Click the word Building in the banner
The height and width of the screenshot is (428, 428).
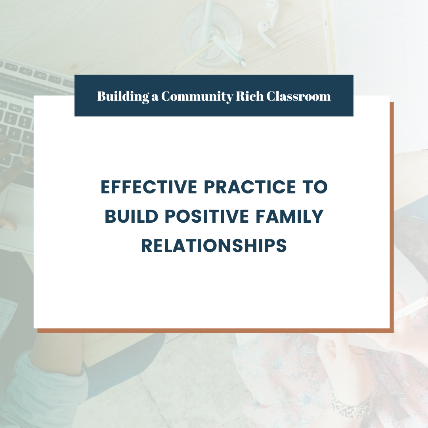pos(123,96)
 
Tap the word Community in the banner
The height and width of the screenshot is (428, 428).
pos(197,96)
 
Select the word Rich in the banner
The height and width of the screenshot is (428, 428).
pos(250,96)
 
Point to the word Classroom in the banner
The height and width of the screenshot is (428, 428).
pos(299,96)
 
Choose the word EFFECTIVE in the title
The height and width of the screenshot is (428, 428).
pos(149,187)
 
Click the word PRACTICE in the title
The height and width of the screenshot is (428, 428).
pos(250,187)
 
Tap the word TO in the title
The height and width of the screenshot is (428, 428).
pos(315,187)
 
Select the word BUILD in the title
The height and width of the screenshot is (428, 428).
pos(132,216)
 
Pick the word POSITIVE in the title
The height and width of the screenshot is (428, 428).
pos(207,216)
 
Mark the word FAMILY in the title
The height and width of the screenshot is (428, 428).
pos(290,216)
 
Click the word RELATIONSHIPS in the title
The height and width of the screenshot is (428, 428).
pos(214,245)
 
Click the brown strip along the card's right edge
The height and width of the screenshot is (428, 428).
pos(392,215)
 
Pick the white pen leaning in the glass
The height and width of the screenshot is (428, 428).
pos(229,51)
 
